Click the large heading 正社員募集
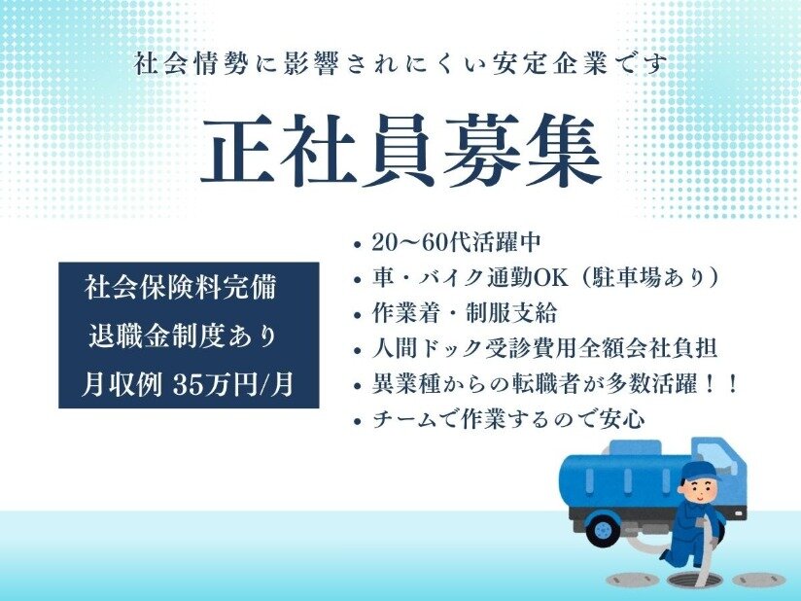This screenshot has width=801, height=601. point(401,150)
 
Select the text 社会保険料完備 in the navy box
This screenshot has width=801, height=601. point(181,287)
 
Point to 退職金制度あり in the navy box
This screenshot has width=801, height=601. point(184,336)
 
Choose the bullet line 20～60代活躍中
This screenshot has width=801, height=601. point(456,242)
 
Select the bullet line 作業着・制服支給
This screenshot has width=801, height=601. point(465,313)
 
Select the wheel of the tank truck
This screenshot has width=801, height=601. point(604,529)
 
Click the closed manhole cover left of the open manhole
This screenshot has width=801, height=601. point(625,578)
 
